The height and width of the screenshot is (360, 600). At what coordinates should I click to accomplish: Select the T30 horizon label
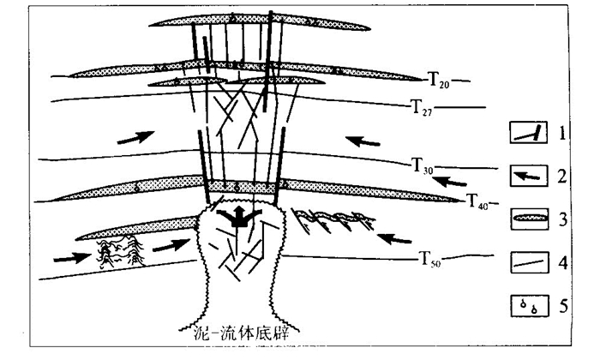(x=423, y=165)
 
